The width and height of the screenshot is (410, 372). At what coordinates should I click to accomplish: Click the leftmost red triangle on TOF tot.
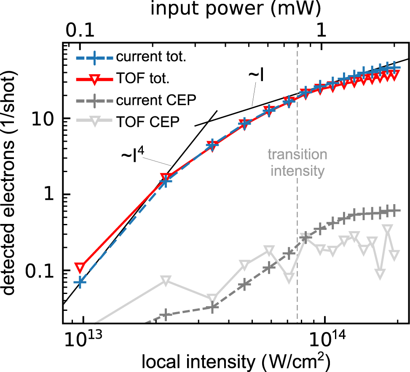[x=80, y=267]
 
